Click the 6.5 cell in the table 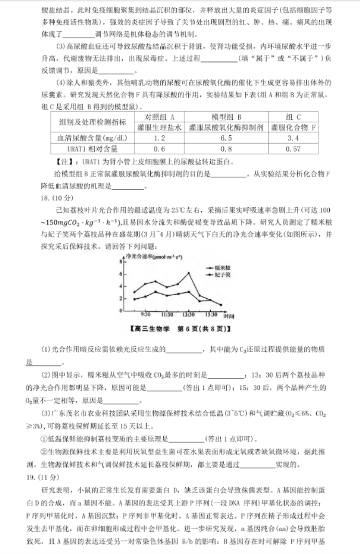coord(226,138)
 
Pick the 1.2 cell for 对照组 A coord(160,138)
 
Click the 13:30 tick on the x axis coord(188,315)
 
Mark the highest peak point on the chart coord(188,272)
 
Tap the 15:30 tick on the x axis coord(210,315)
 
